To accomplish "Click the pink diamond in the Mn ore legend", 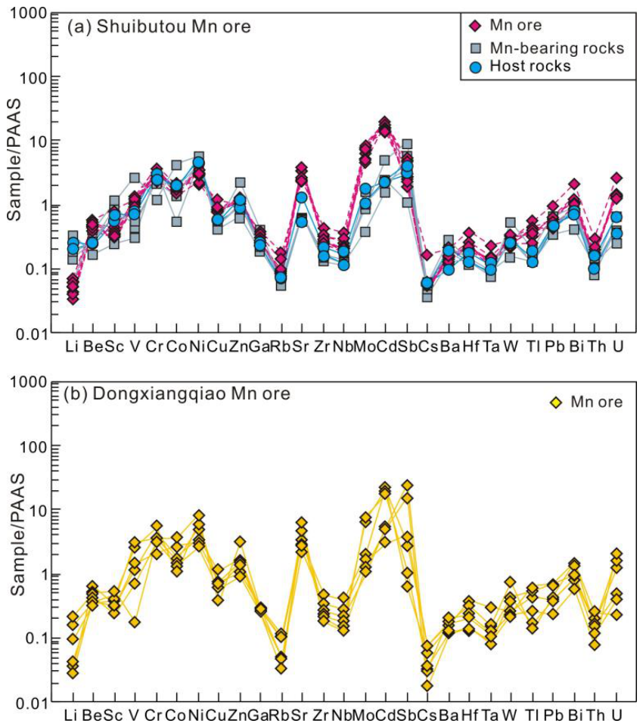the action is point(475,26).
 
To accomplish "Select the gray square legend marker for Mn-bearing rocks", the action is point(476,48).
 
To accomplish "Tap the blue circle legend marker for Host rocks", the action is point(476,67).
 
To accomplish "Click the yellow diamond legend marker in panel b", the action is point(555,402).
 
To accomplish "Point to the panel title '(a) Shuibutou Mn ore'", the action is point(159,26).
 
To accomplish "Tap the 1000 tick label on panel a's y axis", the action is point(29,13).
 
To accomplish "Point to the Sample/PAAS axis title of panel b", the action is point(17,534).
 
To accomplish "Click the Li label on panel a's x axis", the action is point(72,346).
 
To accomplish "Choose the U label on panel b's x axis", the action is point(617,714).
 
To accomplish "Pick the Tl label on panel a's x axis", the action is point(533,346).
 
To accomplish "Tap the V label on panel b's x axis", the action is point(134,714).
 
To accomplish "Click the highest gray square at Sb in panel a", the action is point(407,144).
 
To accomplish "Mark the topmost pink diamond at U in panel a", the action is point(616,178).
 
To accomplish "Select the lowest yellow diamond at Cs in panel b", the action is point(427,685).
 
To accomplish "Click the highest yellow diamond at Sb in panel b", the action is point(408,486).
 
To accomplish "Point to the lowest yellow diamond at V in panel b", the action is point(135,622).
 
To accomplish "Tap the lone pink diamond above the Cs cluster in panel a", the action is point(427,255).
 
